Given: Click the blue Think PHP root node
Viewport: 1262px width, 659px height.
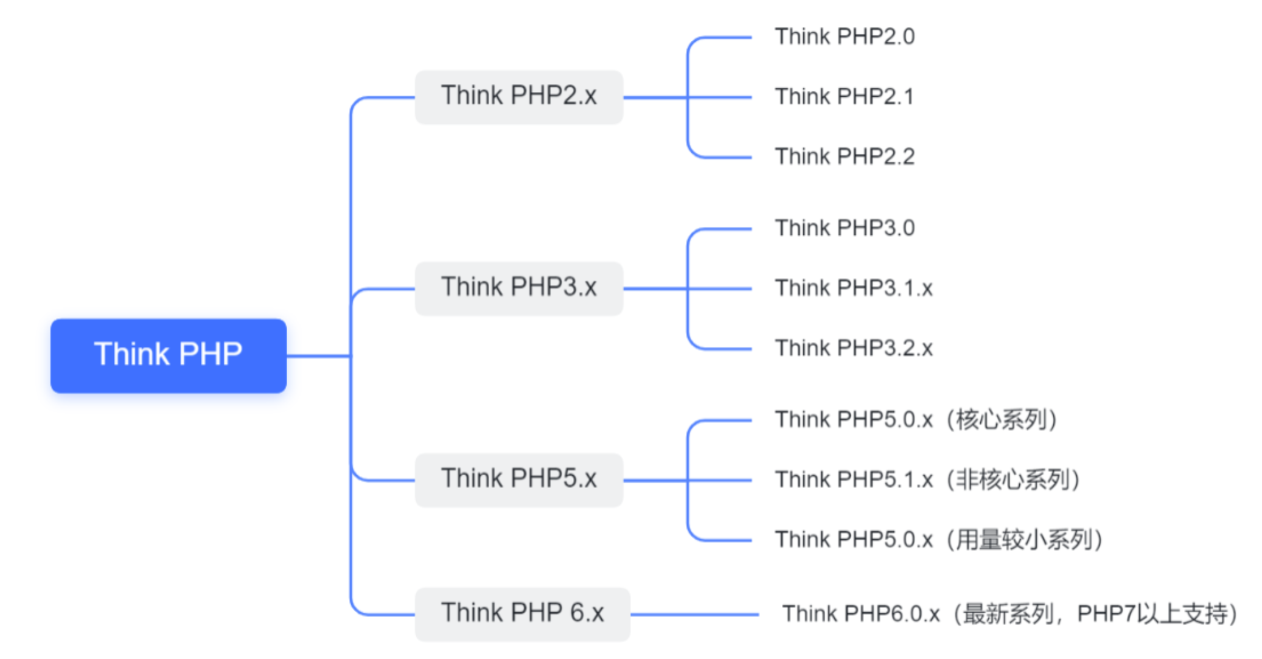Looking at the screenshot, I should (168, 355).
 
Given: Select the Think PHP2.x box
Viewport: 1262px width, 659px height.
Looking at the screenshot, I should (518, 97).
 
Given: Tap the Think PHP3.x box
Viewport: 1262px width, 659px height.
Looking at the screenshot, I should (518, 288).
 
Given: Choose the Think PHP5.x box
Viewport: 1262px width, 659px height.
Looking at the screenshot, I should (518, 479).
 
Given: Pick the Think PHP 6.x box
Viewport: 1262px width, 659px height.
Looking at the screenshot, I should (522, 613).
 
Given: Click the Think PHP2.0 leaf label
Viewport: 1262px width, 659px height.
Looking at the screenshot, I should (844, 37).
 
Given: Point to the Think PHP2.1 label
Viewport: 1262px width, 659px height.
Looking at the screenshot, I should (844, 97).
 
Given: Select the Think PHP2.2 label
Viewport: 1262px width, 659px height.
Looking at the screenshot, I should (844, 156).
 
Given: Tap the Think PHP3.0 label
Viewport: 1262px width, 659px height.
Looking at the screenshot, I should (844, 228).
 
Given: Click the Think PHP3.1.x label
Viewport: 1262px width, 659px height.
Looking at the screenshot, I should (853, 288).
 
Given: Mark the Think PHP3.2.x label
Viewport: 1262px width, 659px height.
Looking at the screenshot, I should (853, 348).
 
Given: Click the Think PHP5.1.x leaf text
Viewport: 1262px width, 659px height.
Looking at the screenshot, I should (853, 479).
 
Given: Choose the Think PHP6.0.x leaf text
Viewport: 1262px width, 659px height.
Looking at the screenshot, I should (860, 614).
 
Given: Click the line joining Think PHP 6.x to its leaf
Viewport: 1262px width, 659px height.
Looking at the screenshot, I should (694, 615).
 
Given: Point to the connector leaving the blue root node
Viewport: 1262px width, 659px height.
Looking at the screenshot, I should (318, 356).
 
